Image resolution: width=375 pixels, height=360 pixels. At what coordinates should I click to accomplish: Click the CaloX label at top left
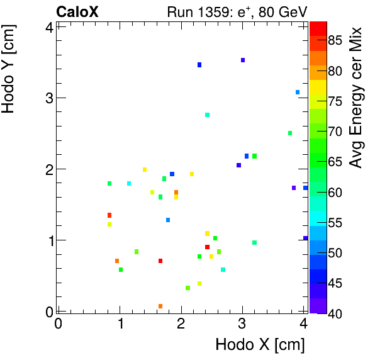point(77,11)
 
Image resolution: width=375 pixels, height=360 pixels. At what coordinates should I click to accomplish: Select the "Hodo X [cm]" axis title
point(260,345)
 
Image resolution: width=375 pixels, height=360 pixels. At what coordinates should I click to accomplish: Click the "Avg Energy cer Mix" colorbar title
point(357,98)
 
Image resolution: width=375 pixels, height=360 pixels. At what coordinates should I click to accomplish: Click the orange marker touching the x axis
point(160,307)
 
